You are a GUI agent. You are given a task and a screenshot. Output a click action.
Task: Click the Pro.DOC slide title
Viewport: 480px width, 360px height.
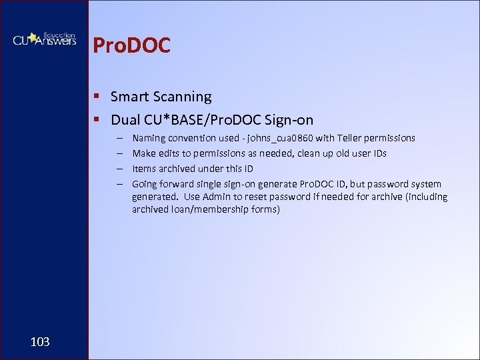(132, 45)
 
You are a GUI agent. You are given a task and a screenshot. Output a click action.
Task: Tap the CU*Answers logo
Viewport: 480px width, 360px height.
(44, 39)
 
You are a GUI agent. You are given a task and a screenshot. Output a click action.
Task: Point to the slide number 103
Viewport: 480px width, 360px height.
(40, 342)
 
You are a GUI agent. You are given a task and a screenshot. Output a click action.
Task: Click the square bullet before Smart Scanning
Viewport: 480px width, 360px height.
(97, 97)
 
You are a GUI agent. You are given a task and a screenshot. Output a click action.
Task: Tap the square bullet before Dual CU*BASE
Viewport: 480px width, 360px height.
(97, 121)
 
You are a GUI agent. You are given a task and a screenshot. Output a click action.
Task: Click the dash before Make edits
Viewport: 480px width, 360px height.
(119, 153)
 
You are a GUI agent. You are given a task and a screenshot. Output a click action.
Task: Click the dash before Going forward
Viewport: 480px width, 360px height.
(119, 184)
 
